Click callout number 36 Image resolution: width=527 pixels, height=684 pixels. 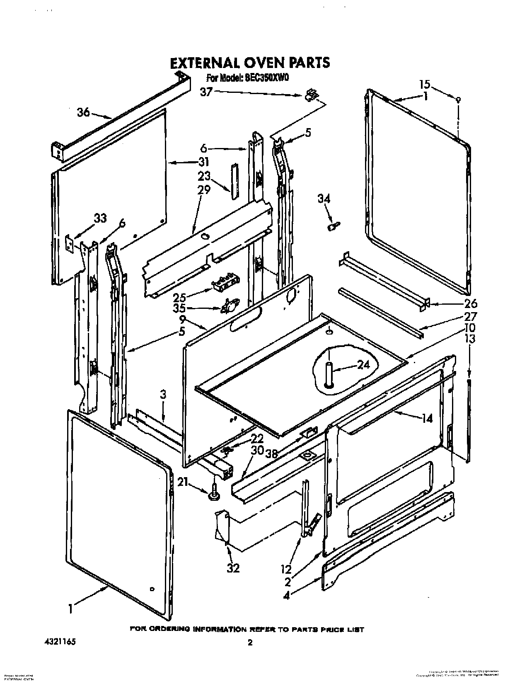[x=83, y=112]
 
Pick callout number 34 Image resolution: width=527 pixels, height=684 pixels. [x=324, y=199]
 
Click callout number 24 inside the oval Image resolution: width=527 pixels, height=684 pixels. [x=363, y=365]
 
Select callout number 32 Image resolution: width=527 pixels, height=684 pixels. [x=233, y=568]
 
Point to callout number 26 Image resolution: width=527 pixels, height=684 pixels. [x=459, y=304]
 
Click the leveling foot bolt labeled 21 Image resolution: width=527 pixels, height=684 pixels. [x=214, y=492]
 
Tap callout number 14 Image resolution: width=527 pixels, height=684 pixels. [x=427, y=419]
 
